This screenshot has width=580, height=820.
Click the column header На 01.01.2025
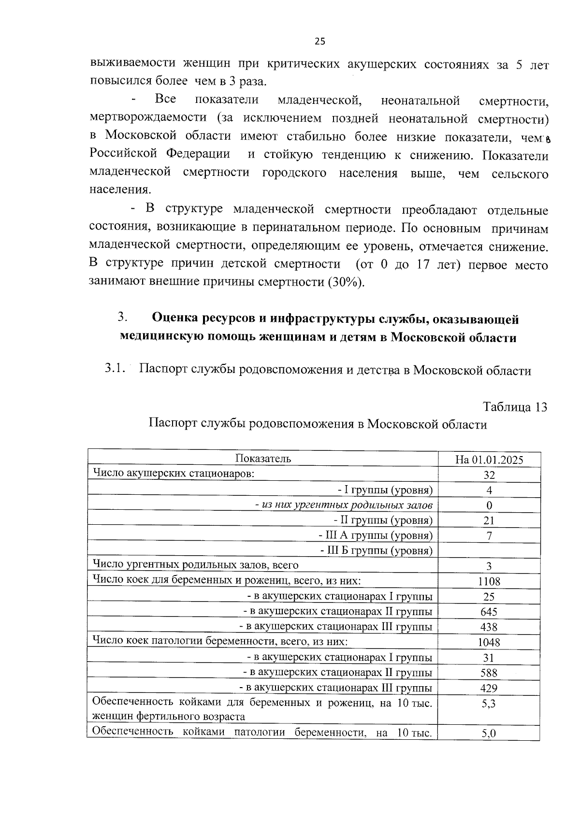click(x=489, y=459)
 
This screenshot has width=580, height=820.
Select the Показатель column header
click(x=263, y=458)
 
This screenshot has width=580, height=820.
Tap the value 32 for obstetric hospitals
click(x=489, y=475)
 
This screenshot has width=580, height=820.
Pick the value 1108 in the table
click(x=489, y=581)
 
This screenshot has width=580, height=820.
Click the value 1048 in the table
click(x=489, y=642)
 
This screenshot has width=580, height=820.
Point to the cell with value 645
click(x=489, y=612)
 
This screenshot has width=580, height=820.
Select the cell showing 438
click(x=489, y=627)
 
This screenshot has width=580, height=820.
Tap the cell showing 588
click(x=489, y=673)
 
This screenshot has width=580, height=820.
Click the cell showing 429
click(x=489, y=688)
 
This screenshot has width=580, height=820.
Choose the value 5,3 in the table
click(x=489, y=704)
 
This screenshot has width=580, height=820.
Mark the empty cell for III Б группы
click(x=489, y=550)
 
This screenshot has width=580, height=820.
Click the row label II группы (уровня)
click(x=383, y=520)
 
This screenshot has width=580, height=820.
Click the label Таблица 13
click(x=515, y=407)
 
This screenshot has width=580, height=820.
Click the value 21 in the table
click(x=489, y=520)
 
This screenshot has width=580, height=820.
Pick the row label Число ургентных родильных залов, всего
click(x=195, y=565)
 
